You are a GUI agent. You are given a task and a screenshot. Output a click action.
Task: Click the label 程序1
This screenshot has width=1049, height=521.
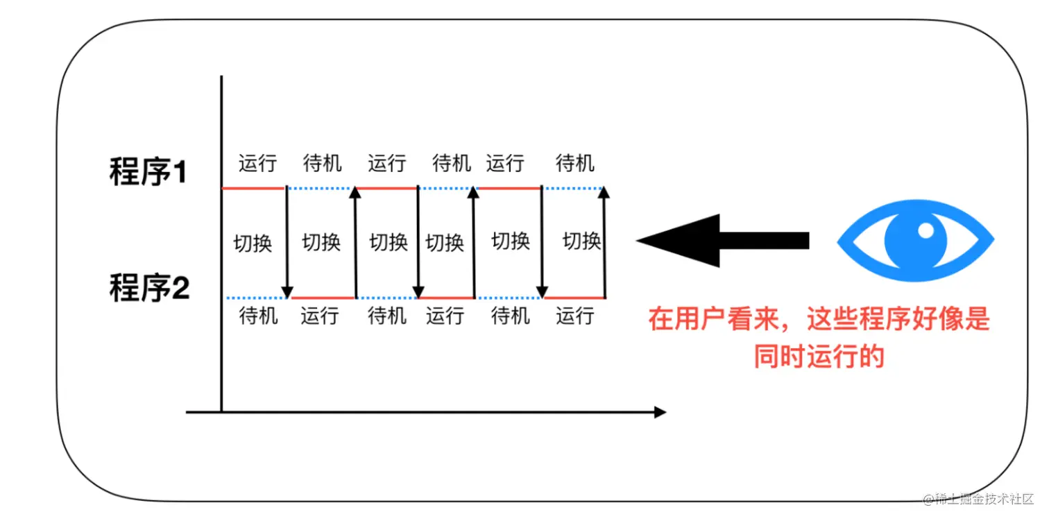tap(148, 171)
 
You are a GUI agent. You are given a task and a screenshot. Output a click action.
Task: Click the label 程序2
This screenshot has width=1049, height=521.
tap(149, 287)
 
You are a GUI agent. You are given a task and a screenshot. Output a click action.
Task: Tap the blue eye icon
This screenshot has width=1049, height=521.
tap(916, 241)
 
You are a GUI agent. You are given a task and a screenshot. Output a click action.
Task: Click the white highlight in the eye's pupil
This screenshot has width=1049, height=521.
tap(926, 230)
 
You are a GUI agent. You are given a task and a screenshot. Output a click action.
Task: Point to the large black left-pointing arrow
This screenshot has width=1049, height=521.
tap(723, 241)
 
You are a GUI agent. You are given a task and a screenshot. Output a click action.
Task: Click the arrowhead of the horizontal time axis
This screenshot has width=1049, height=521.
tap(660, 412)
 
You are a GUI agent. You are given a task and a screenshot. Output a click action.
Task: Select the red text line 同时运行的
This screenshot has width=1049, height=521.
tap(819, 357)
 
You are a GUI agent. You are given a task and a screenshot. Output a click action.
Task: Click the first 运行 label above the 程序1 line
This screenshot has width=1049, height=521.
tap(257, 163)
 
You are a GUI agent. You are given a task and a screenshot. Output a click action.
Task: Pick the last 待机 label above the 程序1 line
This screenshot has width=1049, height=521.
tap(575, 163)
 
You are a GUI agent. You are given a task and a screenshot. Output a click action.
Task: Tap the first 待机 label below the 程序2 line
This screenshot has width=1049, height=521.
tap(259, 316)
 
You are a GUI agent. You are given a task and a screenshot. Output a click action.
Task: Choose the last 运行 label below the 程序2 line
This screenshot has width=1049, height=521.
tap(575, 316)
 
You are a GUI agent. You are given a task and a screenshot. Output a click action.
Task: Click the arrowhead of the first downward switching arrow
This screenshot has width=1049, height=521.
tap(287, 292)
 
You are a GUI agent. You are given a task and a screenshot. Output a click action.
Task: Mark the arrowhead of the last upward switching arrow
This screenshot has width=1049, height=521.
tap(604, 192)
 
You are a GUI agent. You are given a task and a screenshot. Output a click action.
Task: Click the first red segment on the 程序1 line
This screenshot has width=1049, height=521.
tap(253, 188)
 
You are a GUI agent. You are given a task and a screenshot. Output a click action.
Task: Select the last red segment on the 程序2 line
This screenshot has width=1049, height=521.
tap(575, 298)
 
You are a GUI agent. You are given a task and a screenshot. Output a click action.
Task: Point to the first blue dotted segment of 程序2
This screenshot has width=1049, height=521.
tap(256, 298)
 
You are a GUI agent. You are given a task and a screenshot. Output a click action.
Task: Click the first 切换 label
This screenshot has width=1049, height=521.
tap(253, 244)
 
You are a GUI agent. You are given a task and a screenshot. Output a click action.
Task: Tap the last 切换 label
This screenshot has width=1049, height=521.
tap(581, 241)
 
